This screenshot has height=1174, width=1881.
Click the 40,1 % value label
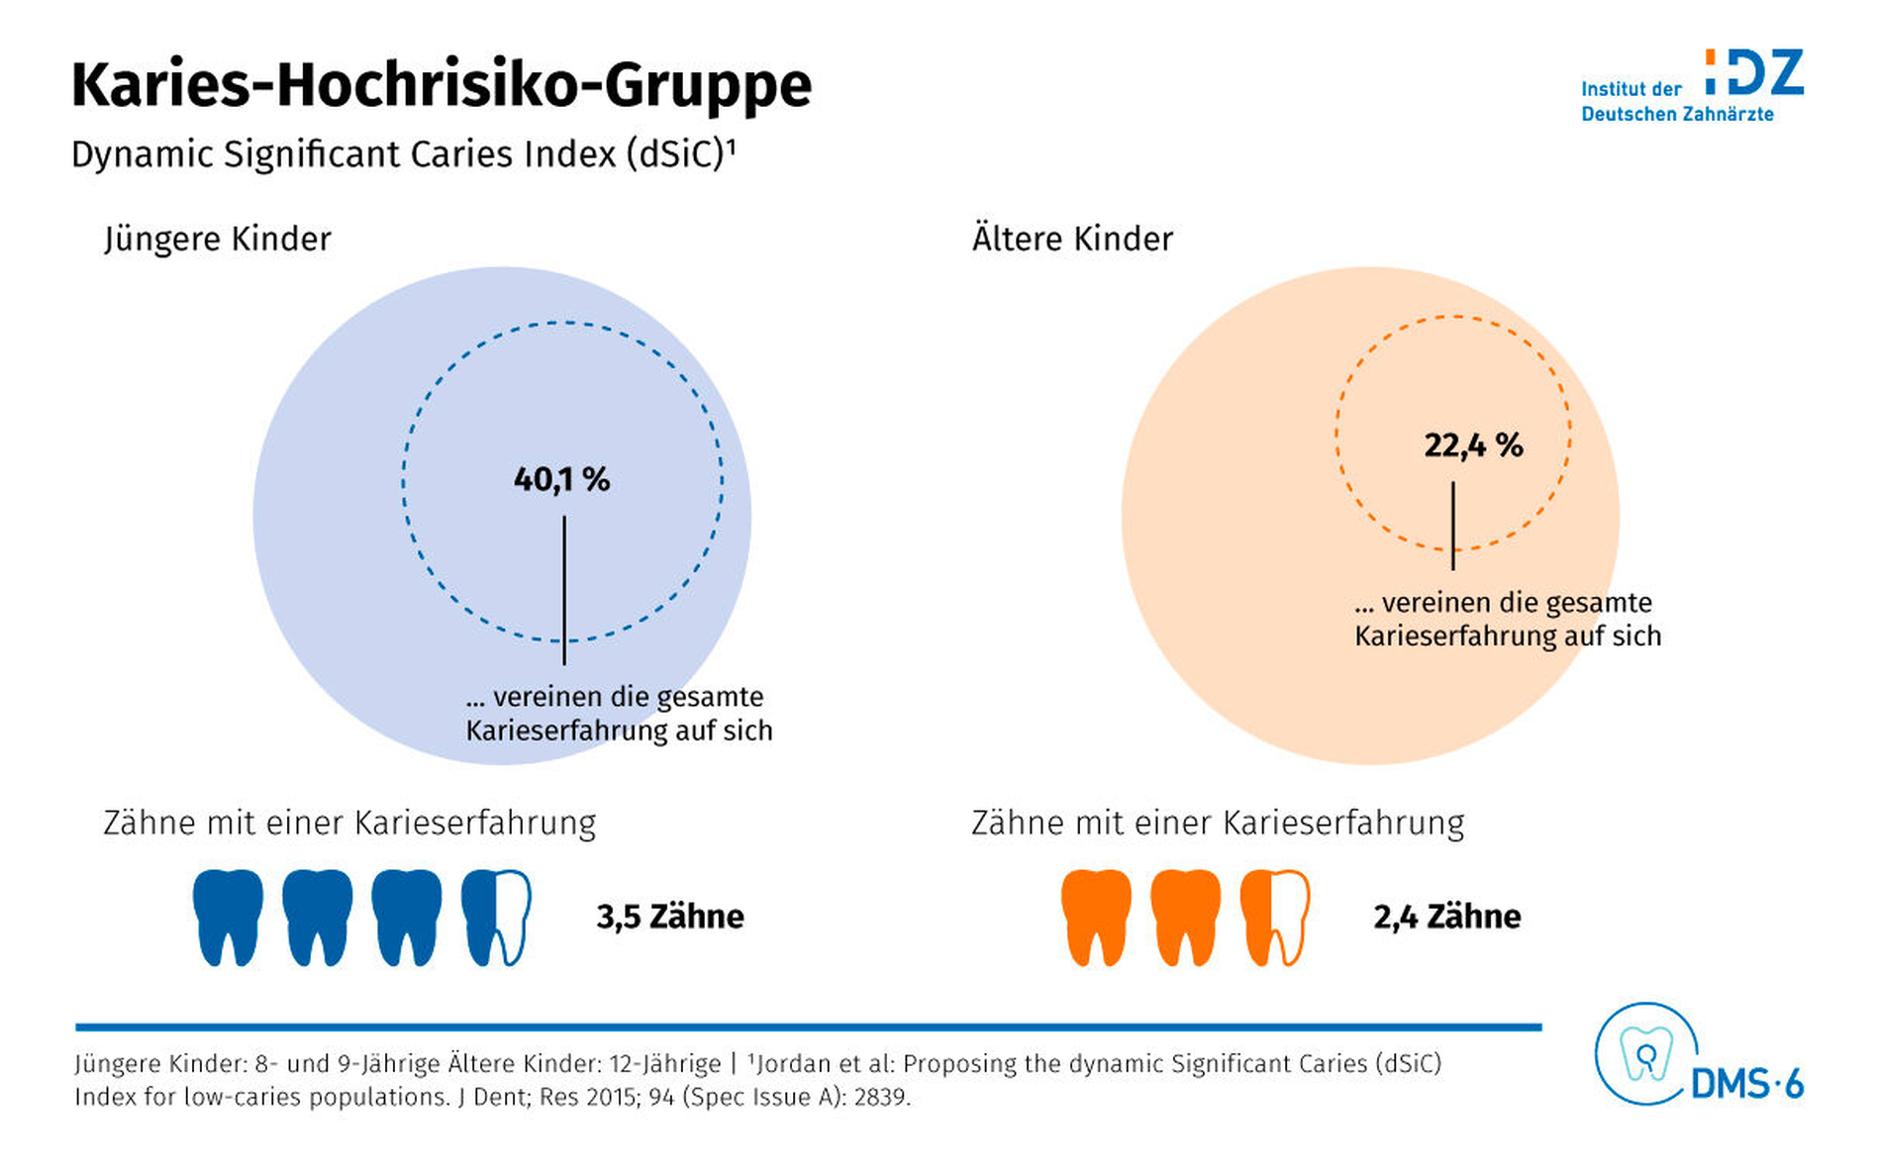(x=561, y=480)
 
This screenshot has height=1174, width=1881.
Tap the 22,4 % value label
(x=1473, y=445)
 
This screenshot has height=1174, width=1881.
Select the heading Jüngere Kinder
(x=217, y=240)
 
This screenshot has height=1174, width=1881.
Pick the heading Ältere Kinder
(x=1072, y=240)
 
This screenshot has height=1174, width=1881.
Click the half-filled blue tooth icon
(x=496, y=917)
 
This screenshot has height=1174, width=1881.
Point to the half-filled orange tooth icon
(x=1275, y=917)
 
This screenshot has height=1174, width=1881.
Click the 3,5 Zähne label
(x=669, y=917)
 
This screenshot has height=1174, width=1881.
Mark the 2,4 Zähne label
(x=1446, y=917)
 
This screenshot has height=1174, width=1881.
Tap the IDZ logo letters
(x=1754, y=73)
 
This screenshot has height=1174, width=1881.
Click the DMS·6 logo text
(x=1747, y=1085)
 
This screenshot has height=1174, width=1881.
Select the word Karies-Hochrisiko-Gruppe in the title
(x=442, y=85)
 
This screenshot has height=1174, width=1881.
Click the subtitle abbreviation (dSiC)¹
(x=681, y=154)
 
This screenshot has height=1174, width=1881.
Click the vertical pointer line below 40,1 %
(x=564, y=590)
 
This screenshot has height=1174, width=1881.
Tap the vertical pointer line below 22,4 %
(x=1453, y=526)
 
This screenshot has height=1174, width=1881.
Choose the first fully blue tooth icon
(x=229, y=917)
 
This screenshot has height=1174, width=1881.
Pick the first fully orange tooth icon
(x=1097, y=917)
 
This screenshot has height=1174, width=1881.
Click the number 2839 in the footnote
(x=879, y=1098)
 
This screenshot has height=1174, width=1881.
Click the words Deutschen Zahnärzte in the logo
(x=1677, y=115)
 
